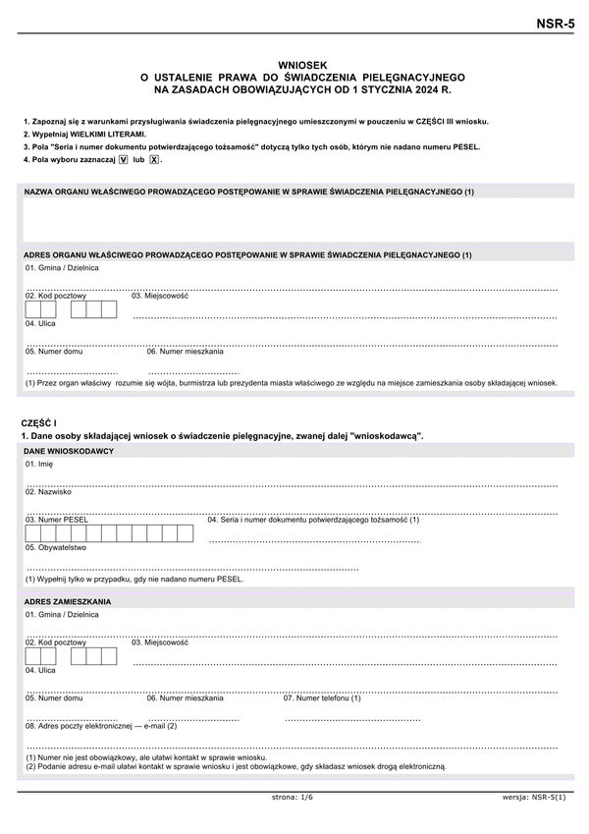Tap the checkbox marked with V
click(x=123, y=159)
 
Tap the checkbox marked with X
click(x=154, y=159)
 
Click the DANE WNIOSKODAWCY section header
click(x=69, y=451)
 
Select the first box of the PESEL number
click(x=34, y=533)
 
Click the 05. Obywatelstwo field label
click(x=56, y=547)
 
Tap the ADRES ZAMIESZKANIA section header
click(x=68, y=601)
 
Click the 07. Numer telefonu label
click(x=322, y=697)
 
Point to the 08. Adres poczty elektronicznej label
click(x=101, y=725)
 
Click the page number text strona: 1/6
click(x=292, y=797)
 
